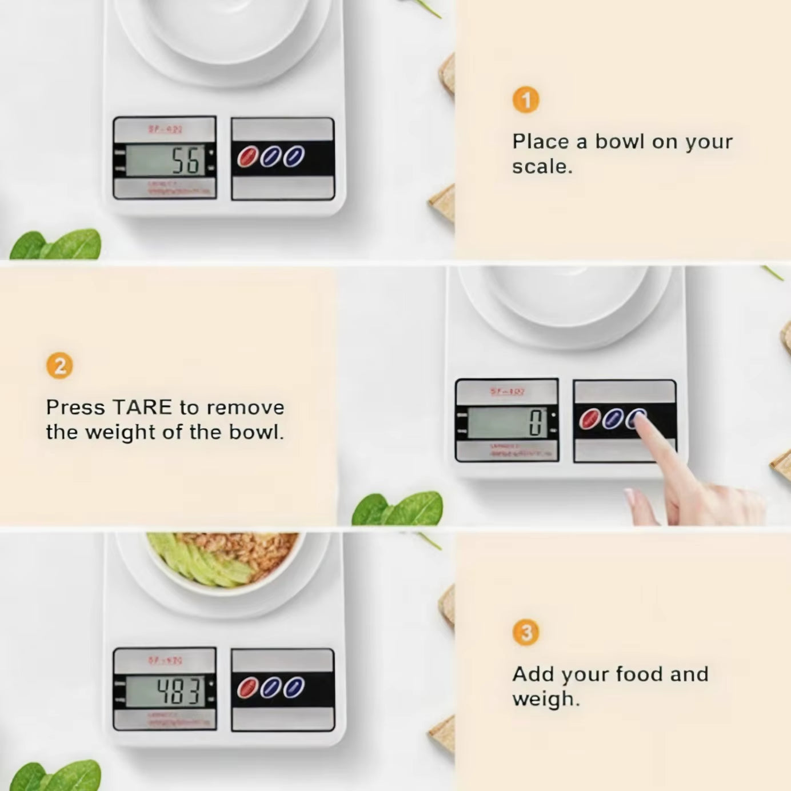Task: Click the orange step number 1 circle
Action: (526, 100)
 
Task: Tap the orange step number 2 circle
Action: (59, 366)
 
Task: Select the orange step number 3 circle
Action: (526, 633)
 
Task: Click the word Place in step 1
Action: (540, 142)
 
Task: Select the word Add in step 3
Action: (534, 674)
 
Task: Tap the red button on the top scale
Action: (247, 157)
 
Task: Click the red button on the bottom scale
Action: (247, 688)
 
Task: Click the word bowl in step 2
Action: (255, 433)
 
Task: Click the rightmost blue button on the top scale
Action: (294, 156)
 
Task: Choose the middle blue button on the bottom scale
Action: (270, 688)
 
